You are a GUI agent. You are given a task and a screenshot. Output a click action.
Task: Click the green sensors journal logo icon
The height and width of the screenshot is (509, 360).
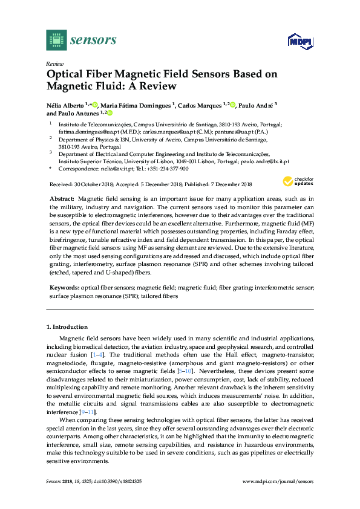point(55,40)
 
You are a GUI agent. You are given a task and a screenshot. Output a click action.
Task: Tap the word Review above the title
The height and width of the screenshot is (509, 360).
point(54,63)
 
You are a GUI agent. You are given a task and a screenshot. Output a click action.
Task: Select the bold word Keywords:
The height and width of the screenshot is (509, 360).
point(63,288)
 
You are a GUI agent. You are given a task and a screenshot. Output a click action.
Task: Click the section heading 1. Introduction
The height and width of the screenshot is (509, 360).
point(67,327)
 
